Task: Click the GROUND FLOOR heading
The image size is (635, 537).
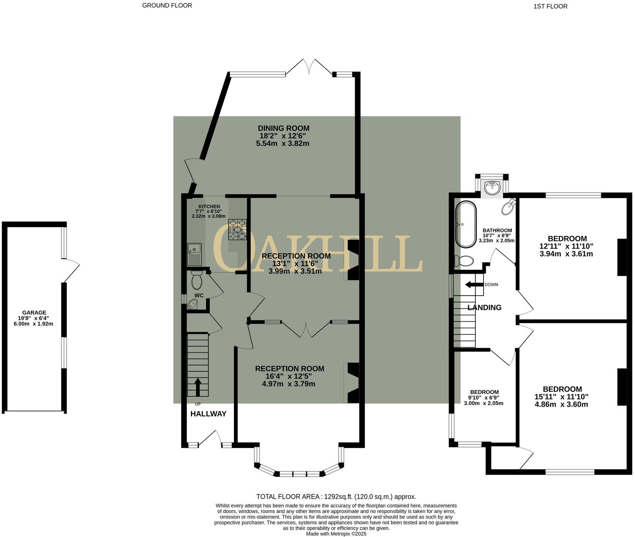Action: pos(167,5)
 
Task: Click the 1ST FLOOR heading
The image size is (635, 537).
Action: pos(550,6)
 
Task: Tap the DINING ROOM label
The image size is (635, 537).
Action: pos(284,128)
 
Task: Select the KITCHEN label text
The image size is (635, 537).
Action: pos(209,207)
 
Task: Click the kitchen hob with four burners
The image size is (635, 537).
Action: pos(237,230)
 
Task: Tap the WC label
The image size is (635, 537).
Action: pos(199,295)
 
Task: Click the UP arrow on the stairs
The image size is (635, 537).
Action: pos(197,387)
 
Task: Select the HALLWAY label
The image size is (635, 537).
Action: pos(208,414)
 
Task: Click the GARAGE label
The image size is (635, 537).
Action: pos(34,313)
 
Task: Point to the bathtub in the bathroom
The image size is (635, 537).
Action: pos(466,224)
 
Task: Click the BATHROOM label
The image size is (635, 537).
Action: pos(497,231)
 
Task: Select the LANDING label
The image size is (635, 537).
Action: pos(484,307)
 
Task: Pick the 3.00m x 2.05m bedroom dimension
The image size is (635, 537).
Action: pos(484,403)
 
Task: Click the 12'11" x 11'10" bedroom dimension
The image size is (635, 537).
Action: pos(566,246)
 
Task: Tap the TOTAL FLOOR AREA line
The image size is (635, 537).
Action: pos(336,497)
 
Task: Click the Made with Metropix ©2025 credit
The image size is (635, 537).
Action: pos(336,534)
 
